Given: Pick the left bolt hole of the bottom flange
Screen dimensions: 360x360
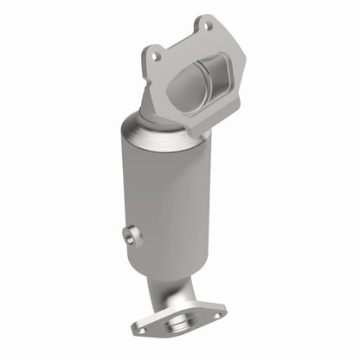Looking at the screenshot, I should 141,329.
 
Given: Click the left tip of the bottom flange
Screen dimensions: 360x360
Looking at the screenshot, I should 132,331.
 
